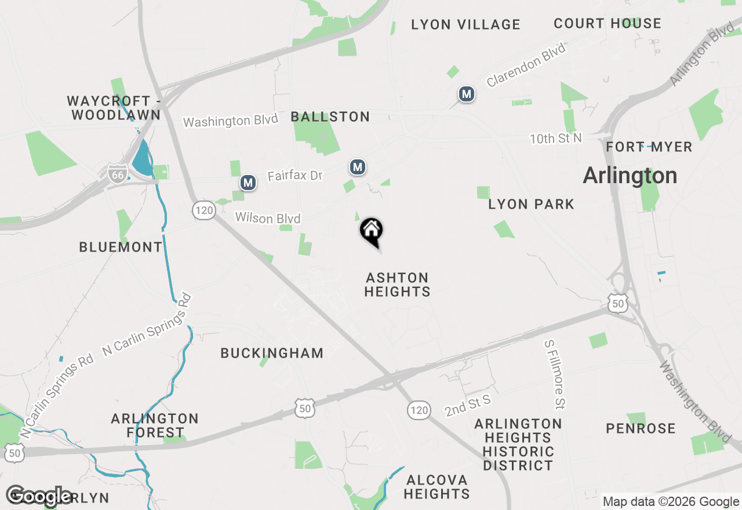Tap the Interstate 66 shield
117,173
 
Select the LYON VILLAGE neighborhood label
465,24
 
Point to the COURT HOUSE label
607,23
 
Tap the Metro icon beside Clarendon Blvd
466,94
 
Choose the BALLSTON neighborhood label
330,116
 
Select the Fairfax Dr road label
294,175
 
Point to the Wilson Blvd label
268,218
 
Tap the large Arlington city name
630,175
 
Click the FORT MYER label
649,147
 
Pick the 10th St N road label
555,139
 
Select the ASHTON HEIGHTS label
397,285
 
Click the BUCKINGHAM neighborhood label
272,353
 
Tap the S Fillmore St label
554,374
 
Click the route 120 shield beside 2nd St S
419,410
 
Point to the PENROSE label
641,428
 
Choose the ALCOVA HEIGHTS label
437,487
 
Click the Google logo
39,496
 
